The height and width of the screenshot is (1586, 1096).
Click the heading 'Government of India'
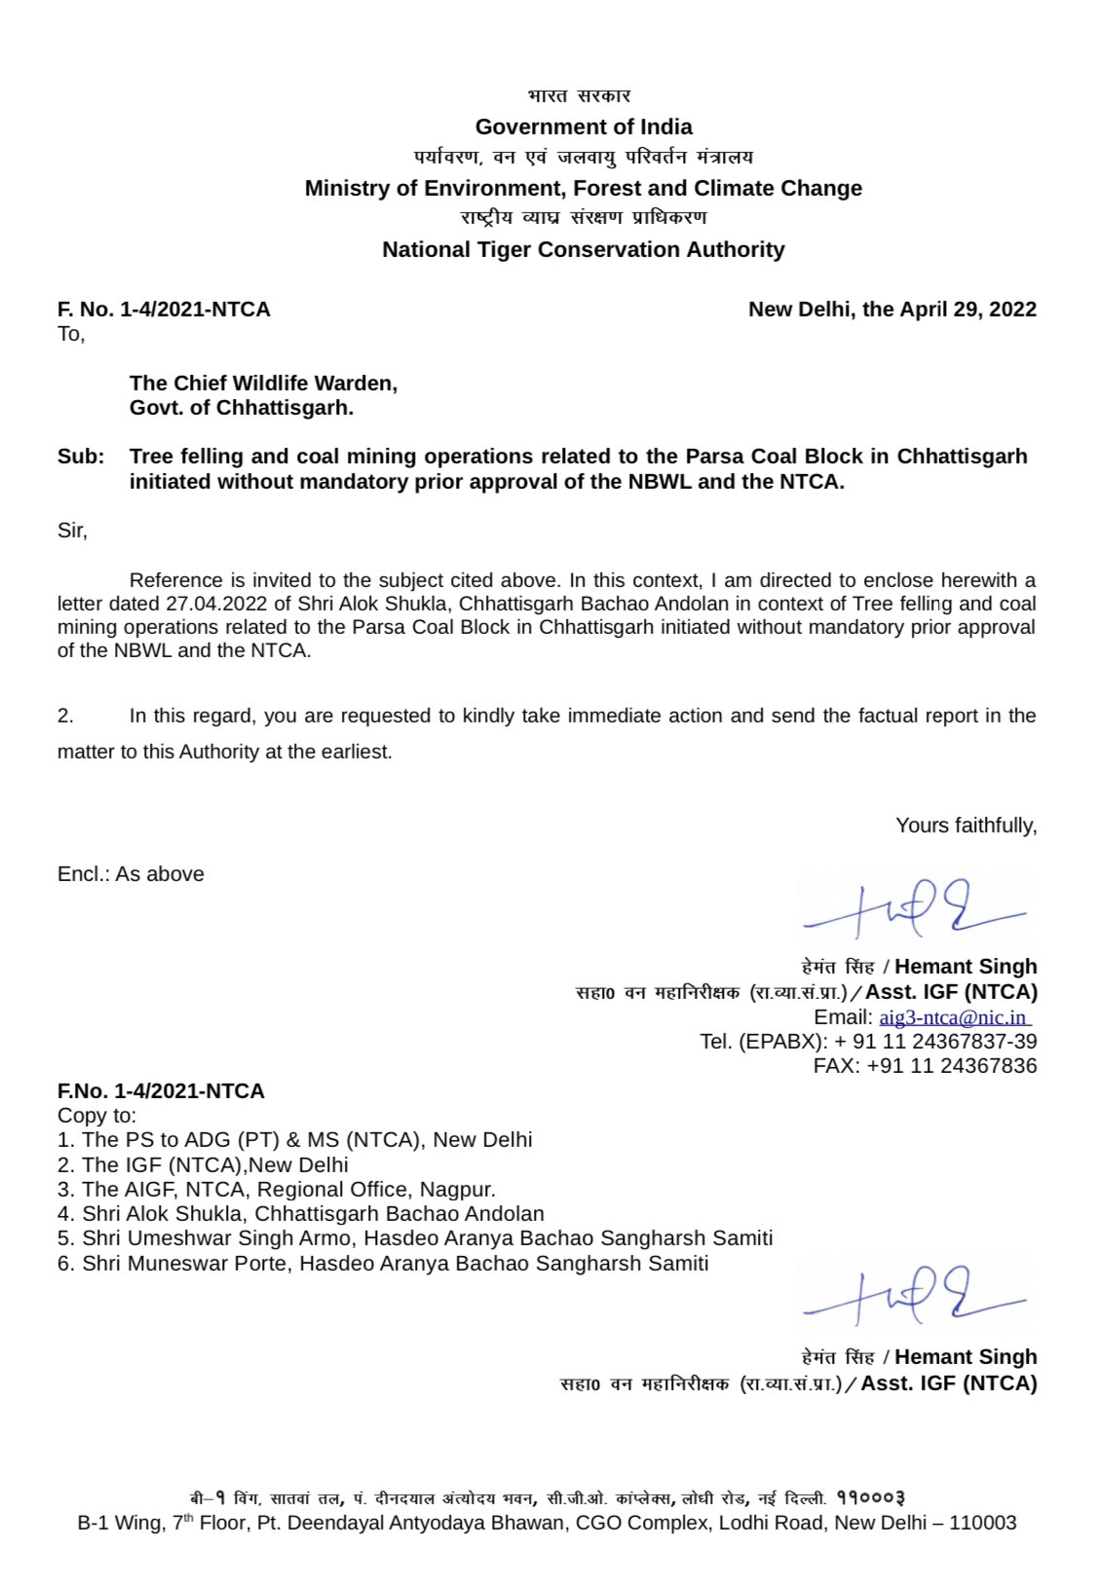pos(584,127)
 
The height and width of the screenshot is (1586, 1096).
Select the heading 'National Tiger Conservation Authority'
pos(583,249)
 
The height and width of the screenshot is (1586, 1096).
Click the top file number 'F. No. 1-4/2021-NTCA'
pos(164,310)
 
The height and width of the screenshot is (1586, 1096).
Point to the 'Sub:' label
pos(80,457)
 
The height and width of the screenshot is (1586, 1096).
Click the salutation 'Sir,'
pos(72,531)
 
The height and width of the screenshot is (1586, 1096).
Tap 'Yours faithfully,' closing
pos(965,826)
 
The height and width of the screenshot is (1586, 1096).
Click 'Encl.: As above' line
pos(131,874)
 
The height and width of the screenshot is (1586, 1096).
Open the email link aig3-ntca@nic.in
pos(953,1017)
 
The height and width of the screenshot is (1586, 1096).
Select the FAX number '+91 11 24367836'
pos(951,1066)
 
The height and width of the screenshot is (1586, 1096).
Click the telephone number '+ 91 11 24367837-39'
pos(935,1042)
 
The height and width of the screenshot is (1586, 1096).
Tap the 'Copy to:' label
pos(97,1116)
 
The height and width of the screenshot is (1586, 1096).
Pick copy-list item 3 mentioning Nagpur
pos(277,1190)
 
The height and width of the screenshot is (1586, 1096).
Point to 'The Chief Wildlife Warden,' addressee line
pos(263,384)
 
